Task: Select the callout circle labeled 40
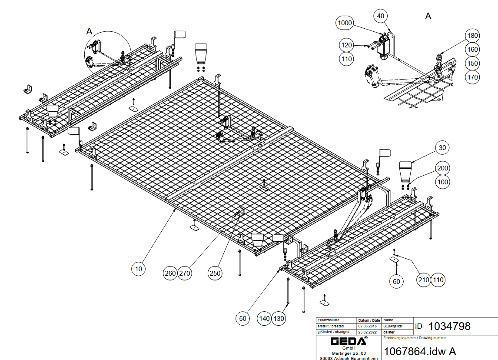pyautogui.click(x=381, y=16)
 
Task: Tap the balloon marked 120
pyautogui.click(x=346, y=45)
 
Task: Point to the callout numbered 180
pyautogui.click(x=472, y=35)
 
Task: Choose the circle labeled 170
pyautogui.click(x=472, y=77)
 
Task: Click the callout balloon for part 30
pyautogui.click(x=442, y=148)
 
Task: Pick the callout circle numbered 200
pyautogui.click(x=443, y=168)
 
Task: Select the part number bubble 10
pyautogui.click(x=138, y=269)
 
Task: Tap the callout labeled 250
pyautogui.click(x=215, y=273)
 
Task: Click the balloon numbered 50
pyautogui.click(x=243, y=318)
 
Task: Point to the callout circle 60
pyautogui.click(x=396, y=281)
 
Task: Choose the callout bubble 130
pyautogui.click(x=279, y=318)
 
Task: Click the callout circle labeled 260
pyautogui.click(x=170, y=273)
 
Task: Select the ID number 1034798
pyautogui.click(x=449, y=326)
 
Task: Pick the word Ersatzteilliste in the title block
pyautogui.click(x=328, y=320)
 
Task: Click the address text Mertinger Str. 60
pyautogui.click(x=349, y=353)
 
